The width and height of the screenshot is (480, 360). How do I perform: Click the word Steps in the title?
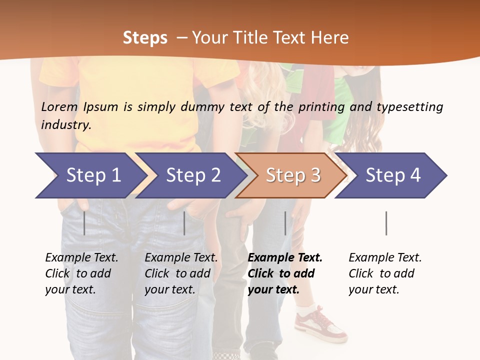145,38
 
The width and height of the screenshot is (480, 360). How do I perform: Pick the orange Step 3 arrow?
292,175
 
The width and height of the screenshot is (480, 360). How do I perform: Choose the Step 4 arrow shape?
392,175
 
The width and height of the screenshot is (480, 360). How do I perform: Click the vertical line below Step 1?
84,223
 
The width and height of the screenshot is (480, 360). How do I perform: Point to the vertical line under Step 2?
184,223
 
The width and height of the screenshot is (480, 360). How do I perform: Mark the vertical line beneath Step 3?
285,223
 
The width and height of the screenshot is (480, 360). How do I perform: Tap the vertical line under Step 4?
386,223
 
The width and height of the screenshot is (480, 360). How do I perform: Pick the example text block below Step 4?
385,273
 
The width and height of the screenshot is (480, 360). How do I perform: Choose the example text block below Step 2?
181,273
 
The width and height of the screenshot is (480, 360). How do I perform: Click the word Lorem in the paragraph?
59,107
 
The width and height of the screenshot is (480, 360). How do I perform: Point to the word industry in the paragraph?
66,125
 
